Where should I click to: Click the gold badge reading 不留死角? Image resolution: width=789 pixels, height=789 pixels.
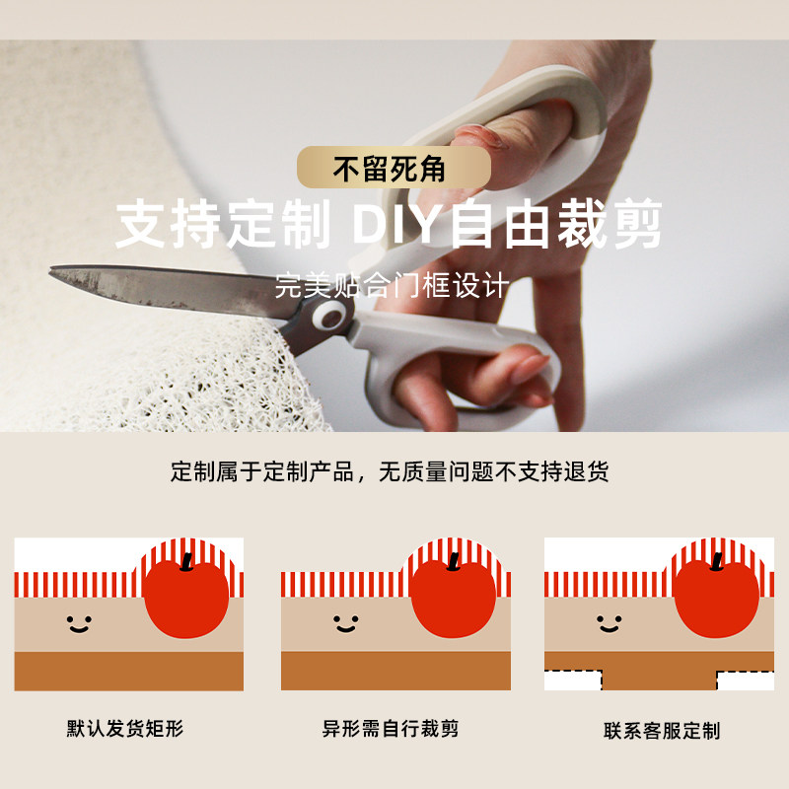(394, 169)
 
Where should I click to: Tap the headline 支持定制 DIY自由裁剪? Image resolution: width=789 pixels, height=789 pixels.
(389, 226)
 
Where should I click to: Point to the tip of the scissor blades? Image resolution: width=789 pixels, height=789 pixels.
(53, 269)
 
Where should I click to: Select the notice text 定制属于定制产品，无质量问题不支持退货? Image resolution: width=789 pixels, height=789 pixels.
(390, 471)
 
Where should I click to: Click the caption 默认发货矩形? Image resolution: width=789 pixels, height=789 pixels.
(125, 730)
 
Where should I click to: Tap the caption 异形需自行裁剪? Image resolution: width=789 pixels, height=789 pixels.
(391, 730)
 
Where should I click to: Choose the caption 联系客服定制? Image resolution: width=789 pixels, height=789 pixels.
(662, 731)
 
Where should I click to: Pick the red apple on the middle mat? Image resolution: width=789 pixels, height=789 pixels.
(453, 598)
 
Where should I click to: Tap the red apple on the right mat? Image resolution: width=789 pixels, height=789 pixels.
(717, 598)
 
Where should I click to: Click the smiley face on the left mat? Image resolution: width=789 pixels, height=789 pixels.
(78, 624)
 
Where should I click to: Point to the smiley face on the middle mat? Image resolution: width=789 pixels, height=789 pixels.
(345, 624)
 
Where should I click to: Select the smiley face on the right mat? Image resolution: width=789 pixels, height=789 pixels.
(609, 624)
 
